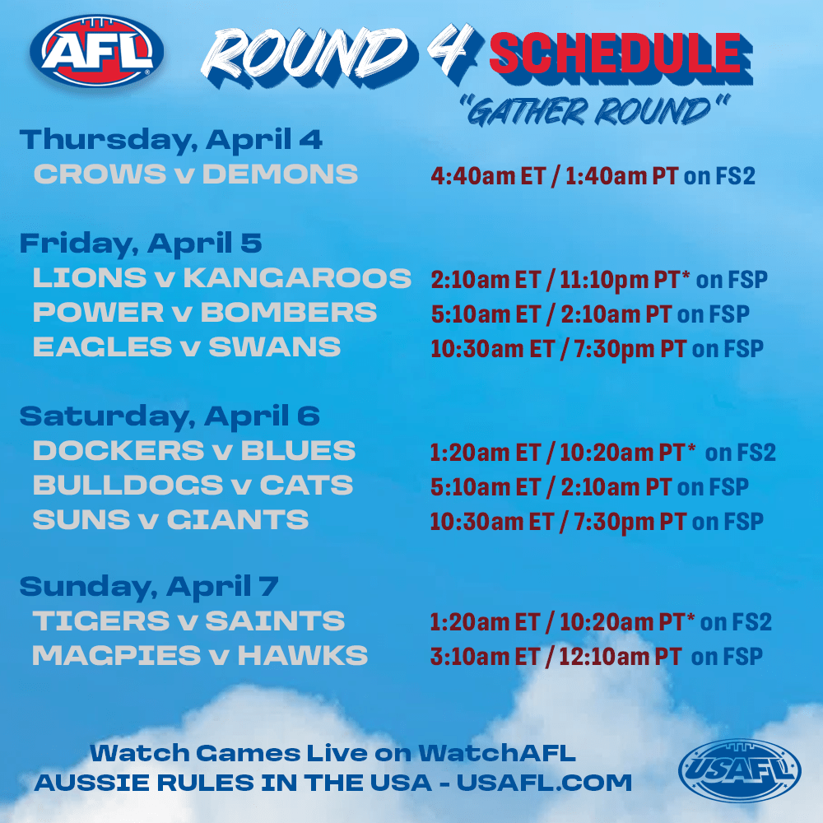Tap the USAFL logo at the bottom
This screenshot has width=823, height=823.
pos(739,770)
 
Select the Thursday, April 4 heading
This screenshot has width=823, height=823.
pos(171,139)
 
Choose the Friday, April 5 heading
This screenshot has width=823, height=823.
pos(141,243)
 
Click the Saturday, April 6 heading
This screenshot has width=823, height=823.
pos(170,415)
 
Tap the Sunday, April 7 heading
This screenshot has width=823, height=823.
pos(149,586)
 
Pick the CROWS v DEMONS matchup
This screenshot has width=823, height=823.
pos(196,174)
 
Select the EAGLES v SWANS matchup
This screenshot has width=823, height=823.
pos(187,346)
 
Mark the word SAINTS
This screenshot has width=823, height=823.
pos(275,621)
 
